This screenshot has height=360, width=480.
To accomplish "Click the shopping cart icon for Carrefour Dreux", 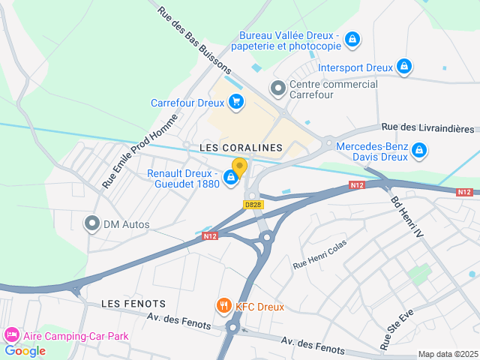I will (236, 102).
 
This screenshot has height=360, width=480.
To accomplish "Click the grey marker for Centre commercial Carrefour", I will (278, 88).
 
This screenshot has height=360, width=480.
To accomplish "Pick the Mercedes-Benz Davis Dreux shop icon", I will (420, 151).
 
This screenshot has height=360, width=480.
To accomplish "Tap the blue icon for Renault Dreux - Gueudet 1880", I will (231, 178).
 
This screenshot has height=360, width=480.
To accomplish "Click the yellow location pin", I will (239, 166).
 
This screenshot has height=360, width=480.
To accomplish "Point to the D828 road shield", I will (253, 204).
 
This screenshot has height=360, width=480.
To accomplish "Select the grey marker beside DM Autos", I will (92, 223).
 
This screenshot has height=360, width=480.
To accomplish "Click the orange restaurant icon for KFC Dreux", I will (223, 306).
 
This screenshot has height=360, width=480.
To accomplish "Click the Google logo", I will (25, 350).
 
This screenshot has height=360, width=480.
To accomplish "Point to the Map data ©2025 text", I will (447, 354).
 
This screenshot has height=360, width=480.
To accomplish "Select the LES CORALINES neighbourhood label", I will (241, 148).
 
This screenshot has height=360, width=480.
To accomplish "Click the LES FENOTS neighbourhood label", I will (133, 303).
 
